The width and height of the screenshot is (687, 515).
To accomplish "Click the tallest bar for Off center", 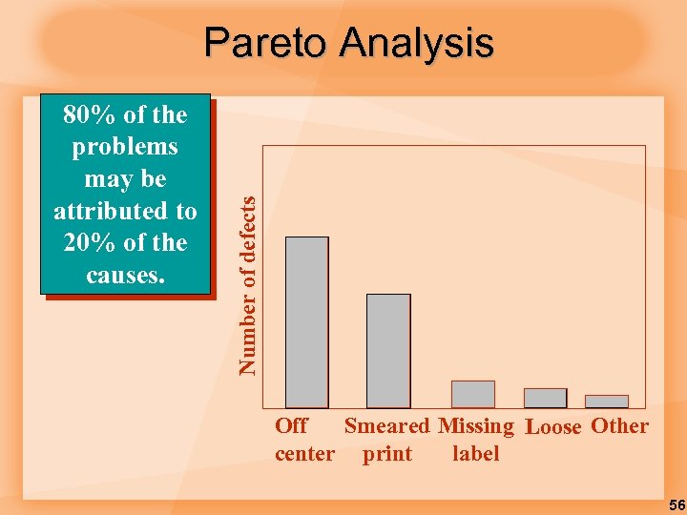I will point(307,322).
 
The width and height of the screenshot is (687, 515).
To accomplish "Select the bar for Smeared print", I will point(388,351).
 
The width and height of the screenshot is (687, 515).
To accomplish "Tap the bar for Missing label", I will point(473,395).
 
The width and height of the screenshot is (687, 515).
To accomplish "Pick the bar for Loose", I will point(545,399).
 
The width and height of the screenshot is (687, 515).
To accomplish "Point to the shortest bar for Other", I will point(607,402).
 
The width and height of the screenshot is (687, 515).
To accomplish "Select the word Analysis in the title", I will point(414,43).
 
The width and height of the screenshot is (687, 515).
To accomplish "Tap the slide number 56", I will point(677,505).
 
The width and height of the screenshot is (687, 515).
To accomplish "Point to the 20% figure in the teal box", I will point(88,243).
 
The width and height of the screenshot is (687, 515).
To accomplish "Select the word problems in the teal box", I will point(125,147).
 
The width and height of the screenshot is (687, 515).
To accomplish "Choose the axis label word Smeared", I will point(387,426).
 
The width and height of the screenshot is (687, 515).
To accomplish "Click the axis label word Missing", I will point(476,426).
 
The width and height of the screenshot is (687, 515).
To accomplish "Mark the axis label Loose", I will point(553,427).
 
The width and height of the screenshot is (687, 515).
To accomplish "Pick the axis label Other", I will point(620,426).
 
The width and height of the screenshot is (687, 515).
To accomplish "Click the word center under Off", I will point(304,454).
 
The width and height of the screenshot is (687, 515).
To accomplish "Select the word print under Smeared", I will point(387,454).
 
